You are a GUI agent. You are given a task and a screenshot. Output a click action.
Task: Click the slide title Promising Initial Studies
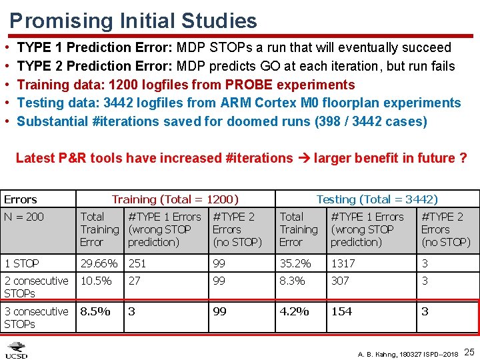point(133,20)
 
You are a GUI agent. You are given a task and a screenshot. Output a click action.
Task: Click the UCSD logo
point(17,350)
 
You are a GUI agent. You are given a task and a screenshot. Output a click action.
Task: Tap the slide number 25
point(469,351)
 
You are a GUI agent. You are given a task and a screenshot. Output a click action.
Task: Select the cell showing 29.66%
point(98,263)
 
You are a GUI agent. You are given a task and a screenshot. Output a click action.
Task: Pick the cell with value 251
point(137,263)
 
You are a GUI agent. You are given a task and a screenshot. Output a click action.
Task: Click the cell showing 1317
point(343,263)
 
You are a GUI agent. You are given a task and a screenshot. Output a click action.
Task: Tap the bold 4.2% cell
point(294,311)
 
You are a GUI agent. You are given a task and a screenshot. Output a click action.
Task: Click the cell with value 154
point(341,311)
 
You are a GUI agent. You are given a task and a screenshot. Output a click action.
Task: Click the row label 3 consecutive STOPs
point(36,317)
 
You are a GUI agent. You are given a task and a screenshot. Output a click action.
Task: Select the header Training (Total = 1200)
point(175,199)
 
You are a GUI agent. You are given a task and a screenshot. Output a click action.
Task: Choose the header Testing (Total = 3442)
point(377,199)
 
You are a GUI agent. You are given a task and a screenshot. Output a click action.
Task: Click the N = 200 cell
point(24,217)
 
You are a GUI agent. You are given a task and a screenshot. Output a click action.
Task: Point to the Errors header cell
point(21,199)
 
